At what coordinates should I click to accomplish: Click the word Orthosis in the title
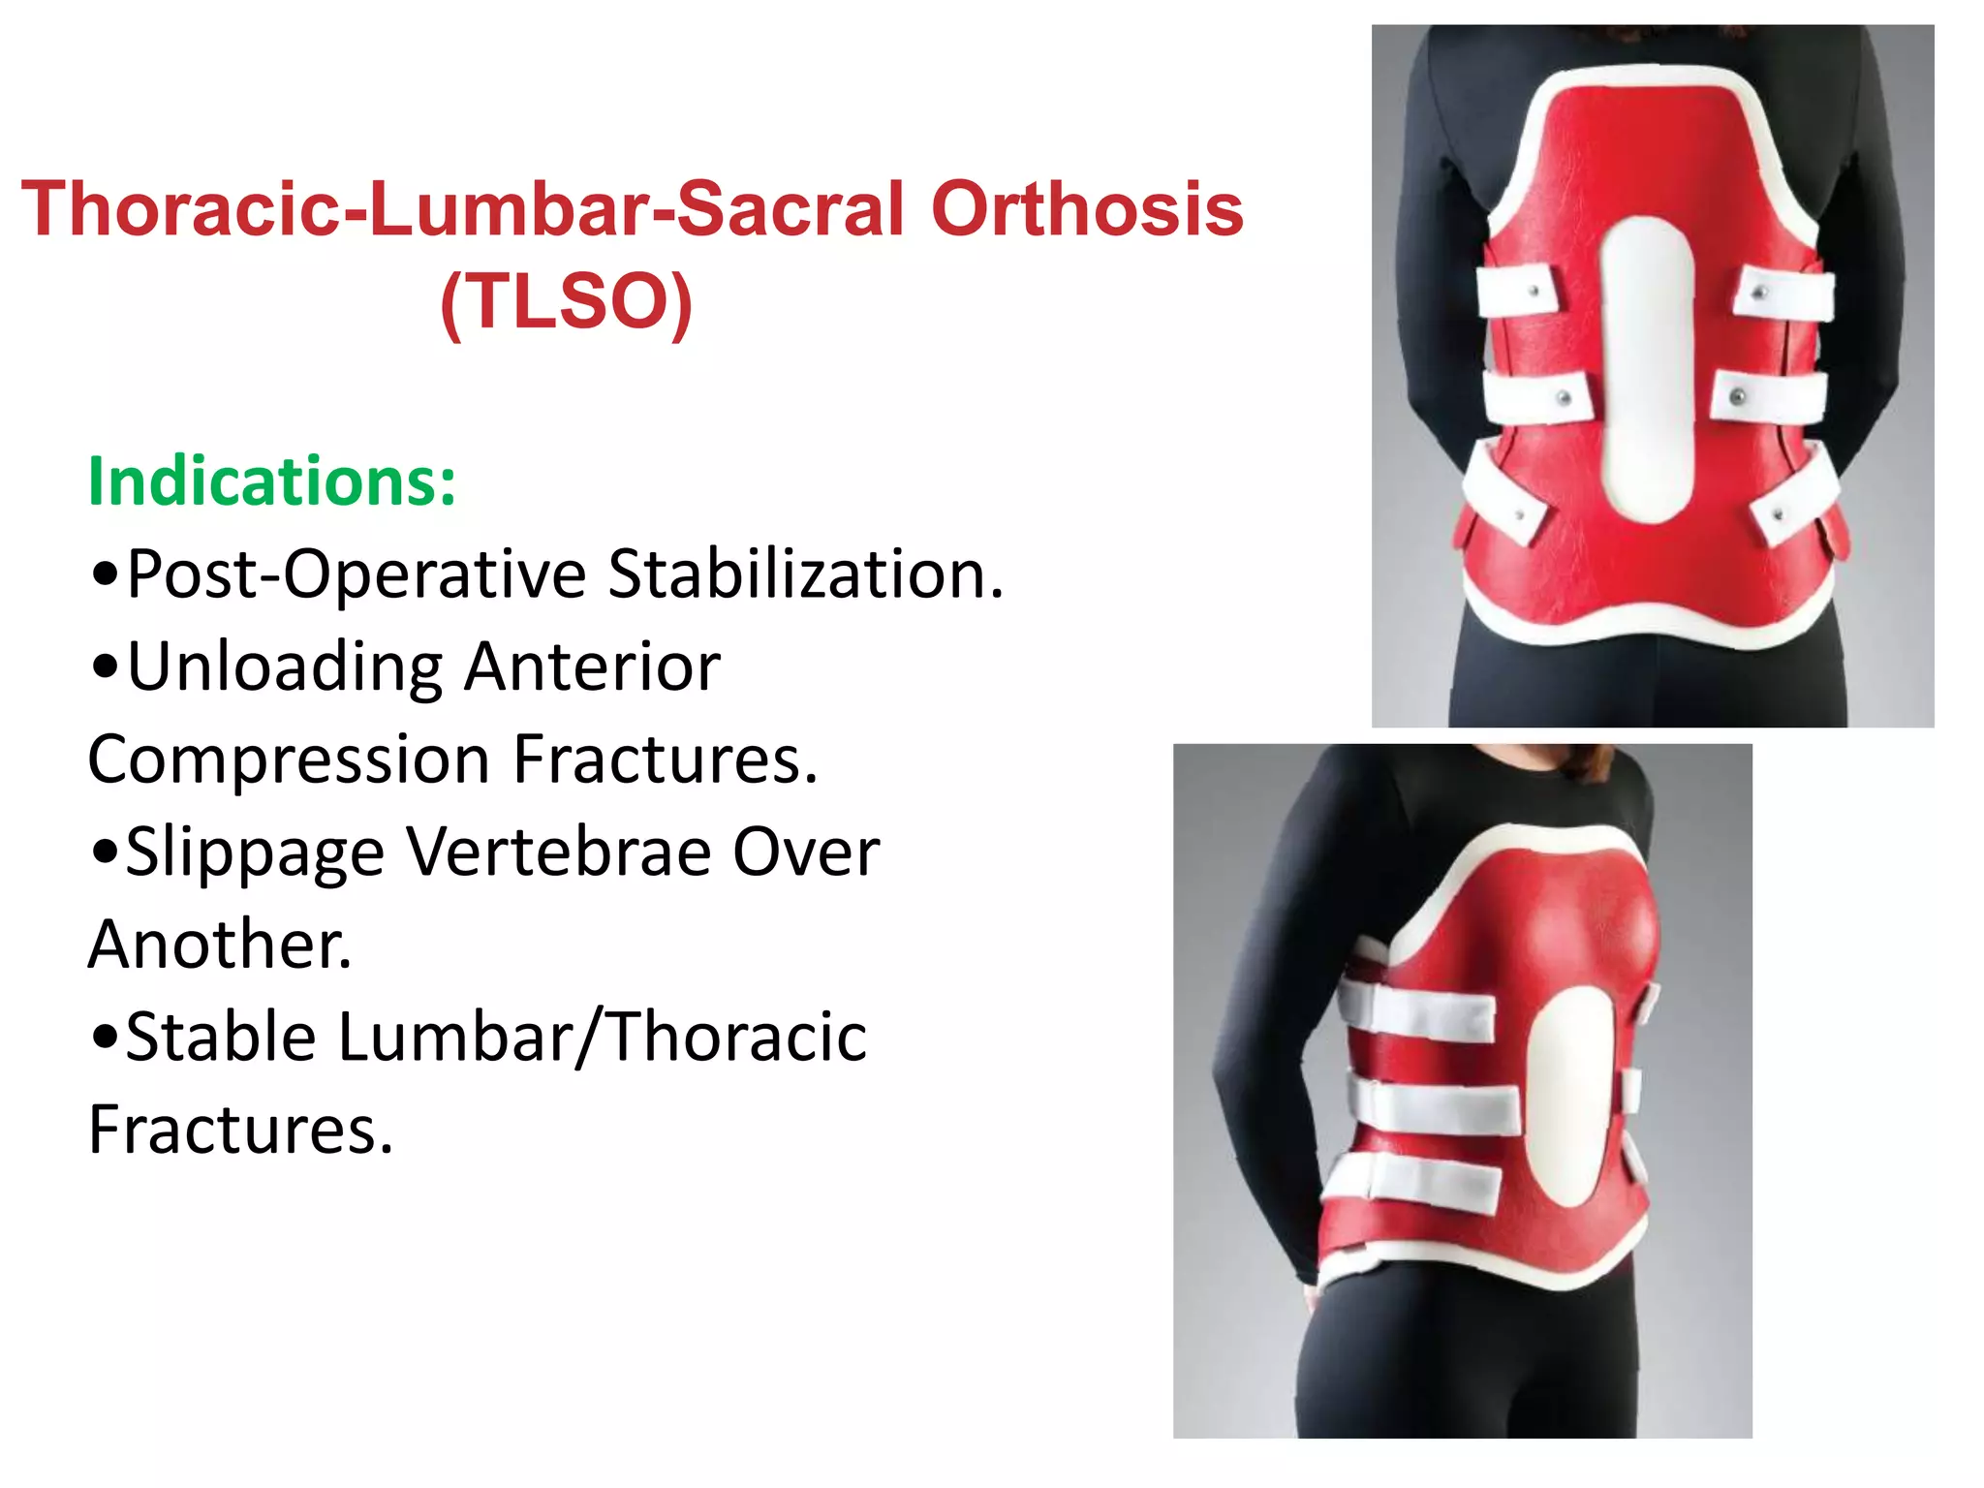coord(1086,209)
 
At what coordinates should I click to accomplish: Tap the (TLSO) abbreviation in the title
coord(566,301)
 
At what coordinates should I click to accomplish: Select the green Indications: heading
coord(272,480)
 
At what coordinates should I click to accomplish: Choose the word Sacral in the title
coord(790,209)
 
